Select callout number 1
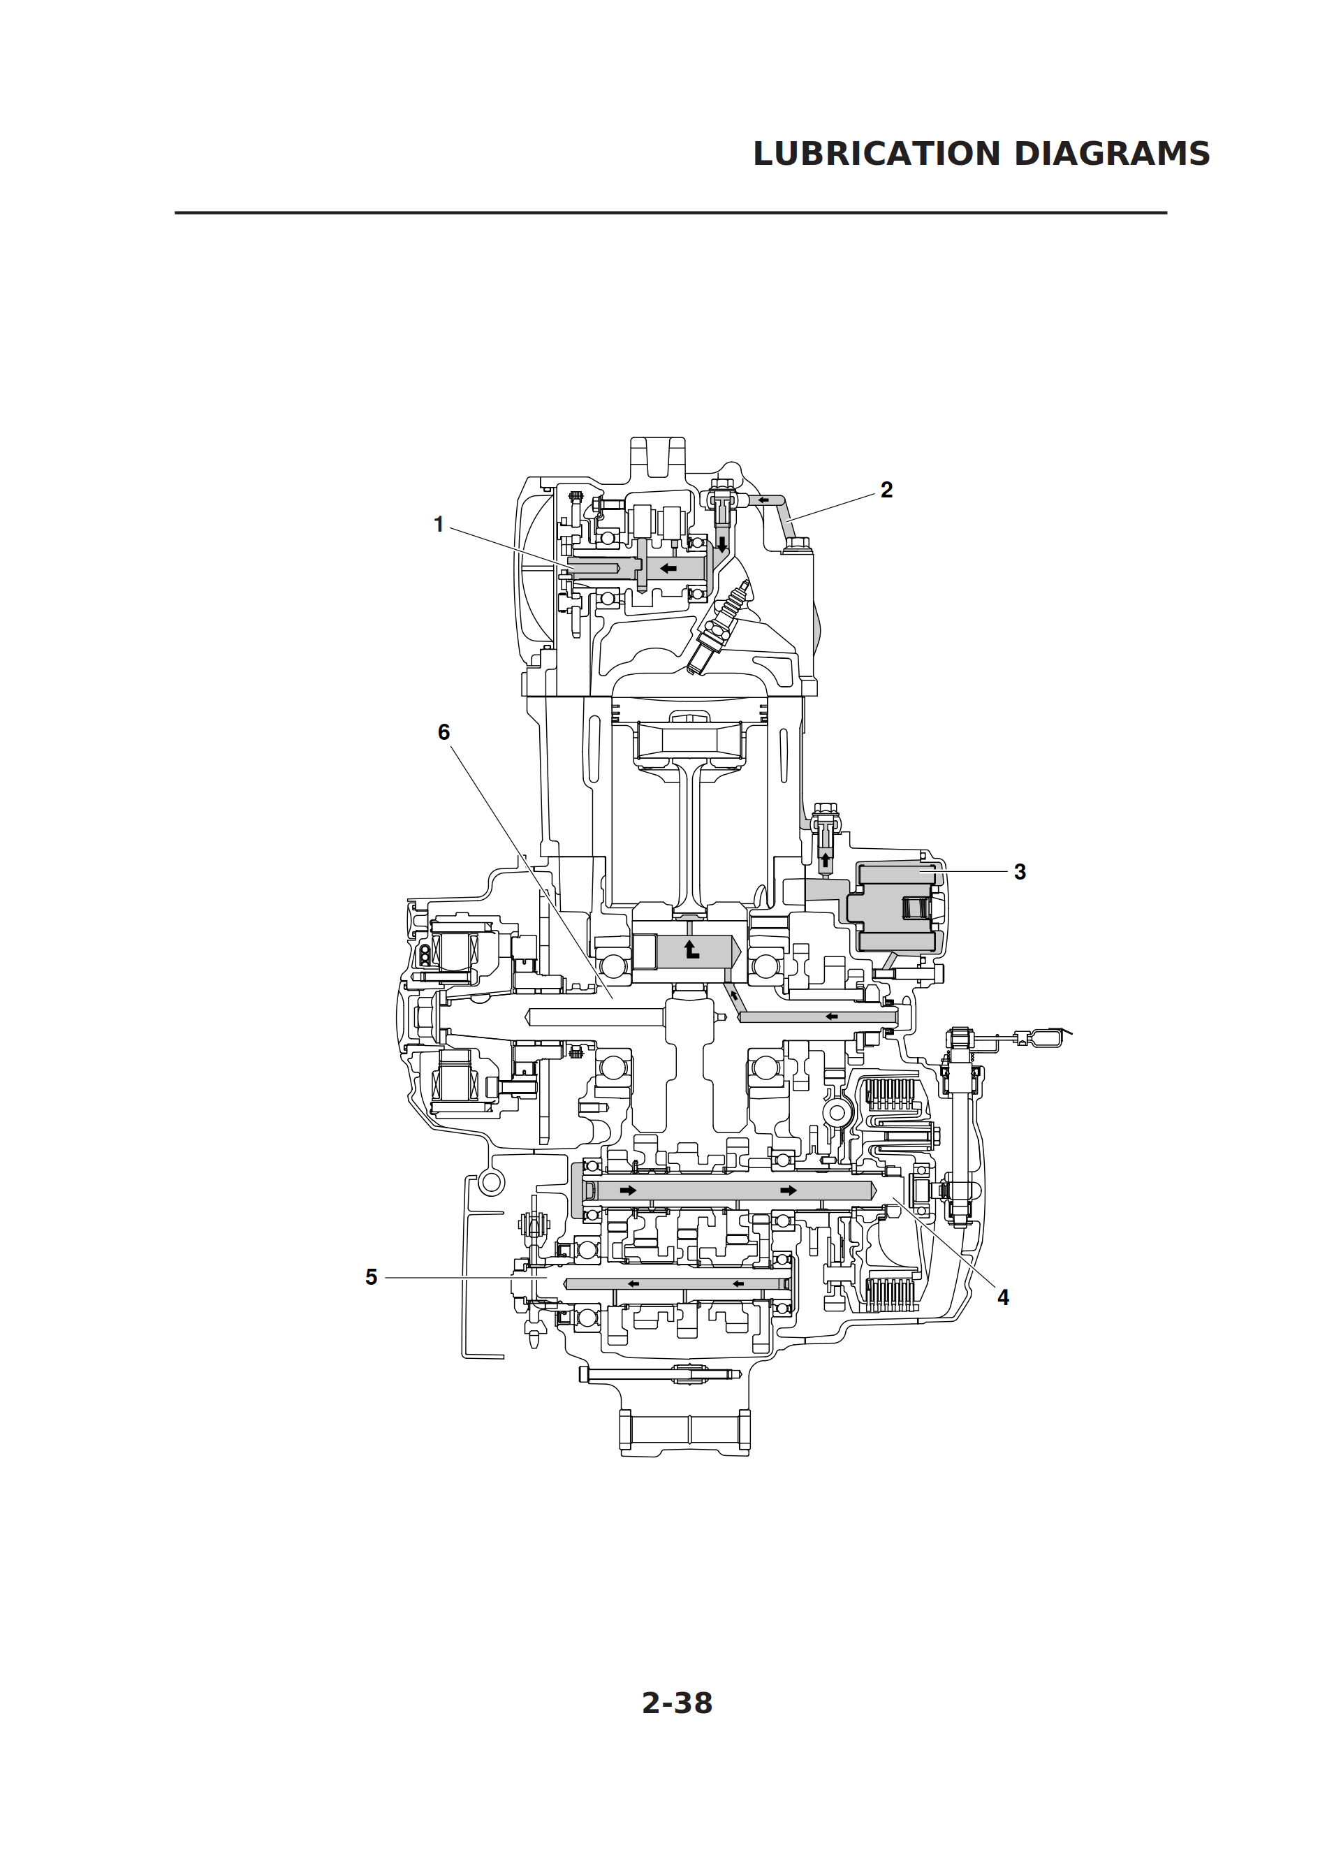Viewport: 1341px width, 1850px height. coord(439,525)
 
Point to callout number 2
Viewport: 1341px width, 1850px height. coord(886,490)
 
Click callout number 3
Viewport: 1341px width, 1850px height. coord(1020,871)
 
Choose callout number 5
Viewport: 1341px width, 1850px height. coord(371,1277)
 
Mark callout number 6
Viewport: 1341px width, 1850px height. coord(444,731)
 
